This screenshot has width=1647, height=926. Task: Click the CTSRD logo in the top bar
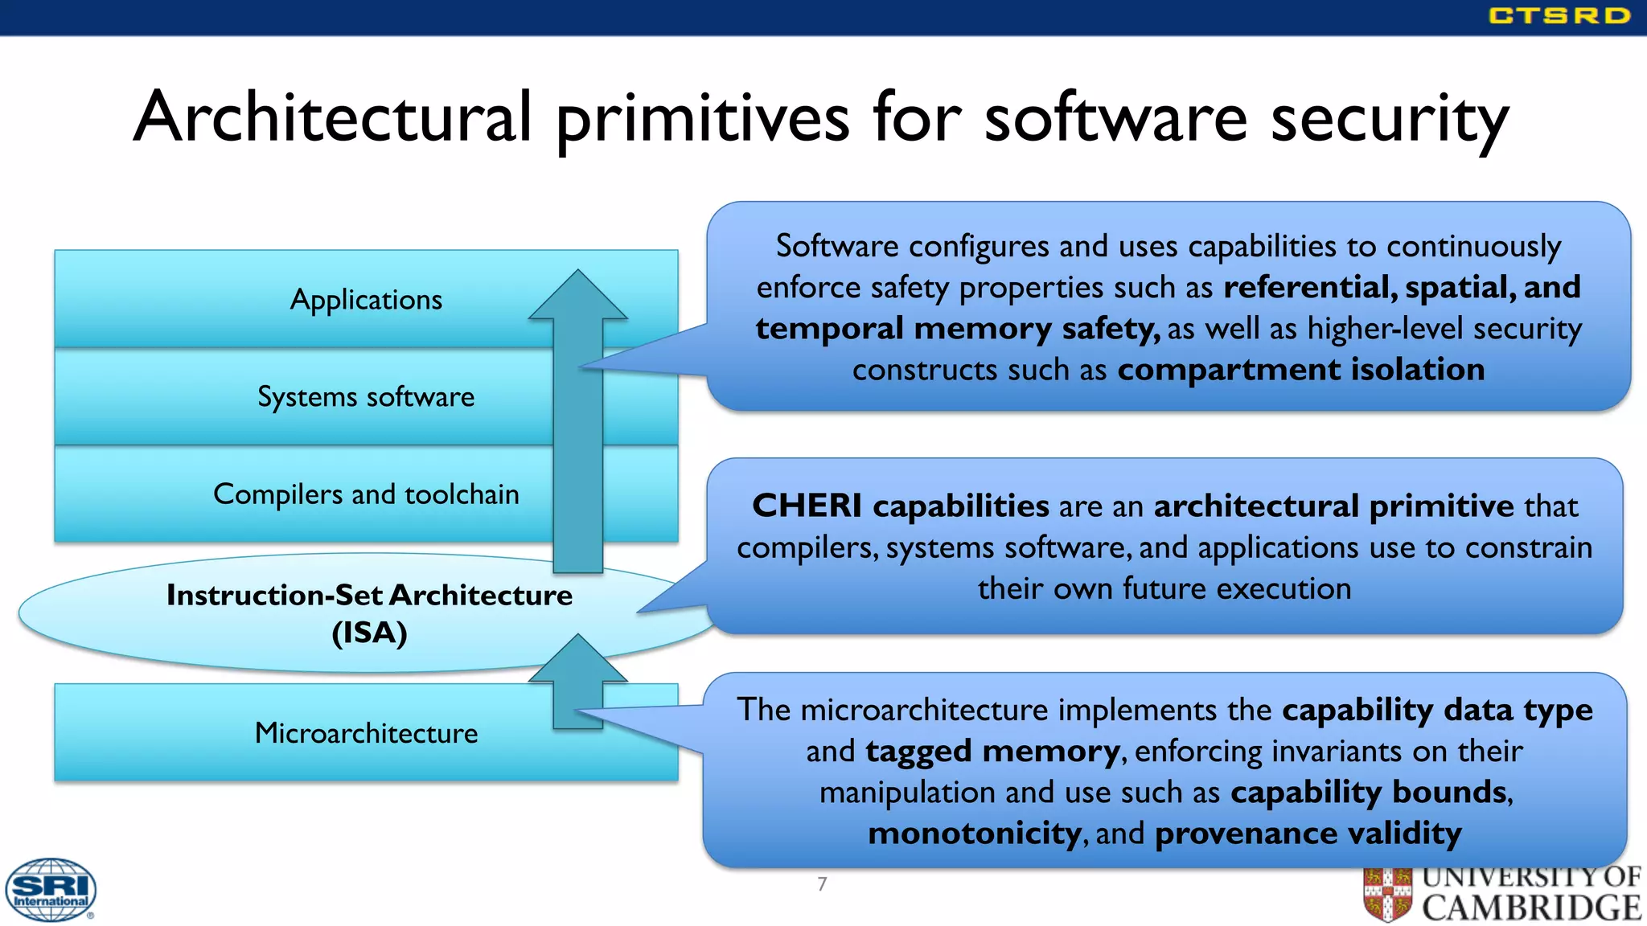[x=1559, y=16]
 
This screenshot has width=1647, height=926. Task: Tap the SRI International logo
[x=51, y=890]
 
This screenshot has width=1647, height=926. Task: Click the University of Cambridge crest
[x=1387, y=894]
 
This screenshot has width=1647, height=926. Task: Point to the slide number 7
[x=822, y=884]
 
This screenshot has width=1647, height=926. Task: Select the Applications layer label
[x=366, y=300]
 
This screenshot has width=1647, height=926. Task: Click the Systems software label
[x=366, y=397]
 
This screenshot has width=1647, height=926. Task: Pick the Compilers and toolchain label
[x=366, y=494]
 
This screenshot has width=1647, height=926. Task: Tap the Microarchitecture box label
[x=366, y=733]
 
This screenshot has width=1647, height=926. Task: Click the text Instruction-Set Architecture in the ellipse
[x=369, y=596]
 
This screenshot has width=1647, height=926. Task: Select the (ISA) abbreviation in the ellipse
[x=369, y=633]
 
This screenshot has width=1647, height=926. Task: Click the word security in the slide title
[x=1389, y=119]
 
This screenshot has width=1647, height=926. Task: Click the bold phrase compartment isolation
[x=1300, y=370]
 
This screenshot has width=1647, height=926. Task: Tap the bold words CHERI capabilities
[x=900, y=506]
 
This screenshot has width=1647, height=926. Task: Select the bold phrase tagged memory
[x=992, y=752]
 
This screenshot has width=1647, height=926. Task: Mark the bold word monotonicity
[x=974, y=834]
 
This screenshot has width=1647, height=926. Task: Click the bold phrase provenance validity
[x=1308, y=834]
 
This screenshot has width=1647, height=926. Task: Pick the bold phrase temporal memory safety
[x=957, y=329]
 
